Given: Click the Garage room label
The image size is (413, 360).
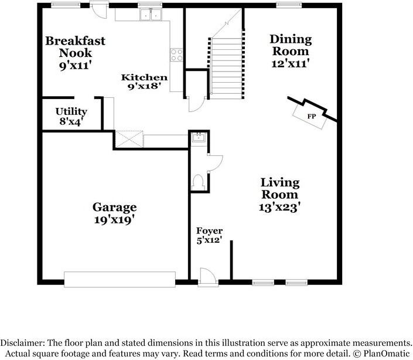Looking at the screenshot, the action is [x=115, y=207].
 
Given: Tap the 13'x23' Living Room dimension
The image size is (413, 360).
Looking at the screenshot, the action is [x=279, y=207].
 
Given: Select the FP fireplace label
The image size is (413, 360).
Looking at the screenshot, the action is [x=311, y=116].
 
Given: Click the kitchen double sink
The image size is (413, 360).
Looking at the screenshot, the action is [x=151, y=15].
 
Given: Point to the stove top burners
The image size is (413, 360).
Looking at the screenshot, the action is [x=176, y=55].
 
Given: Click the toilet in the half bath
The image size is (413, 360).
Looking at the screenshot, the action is [x=198, y=182].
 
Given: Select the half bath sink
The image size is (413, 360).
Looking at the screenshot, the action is [x=199, y=137].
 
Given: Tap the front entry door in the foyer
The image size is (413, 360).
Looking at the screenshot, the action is [x=208, y=276].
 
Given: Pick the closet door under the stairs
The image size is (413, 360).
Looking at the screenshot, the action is [x=196, y=104].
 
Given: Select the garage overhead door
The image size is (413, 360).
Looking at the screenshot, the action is [x=120, y=279].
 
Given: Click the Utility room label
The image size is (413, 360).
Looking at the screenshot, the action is [x=71, y=111].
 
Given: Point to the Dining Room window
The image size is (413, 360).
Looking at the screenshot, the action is [x=289, y=4].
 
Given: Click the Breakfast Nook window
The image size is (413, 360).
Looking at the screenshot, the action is [x=66, y=4].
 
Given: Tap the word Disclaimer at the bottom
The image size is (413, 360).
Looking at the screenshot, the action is [x=22, y=343].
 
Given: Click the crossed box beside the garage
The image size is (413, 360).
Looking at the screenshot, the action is [x=129, y=139].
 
